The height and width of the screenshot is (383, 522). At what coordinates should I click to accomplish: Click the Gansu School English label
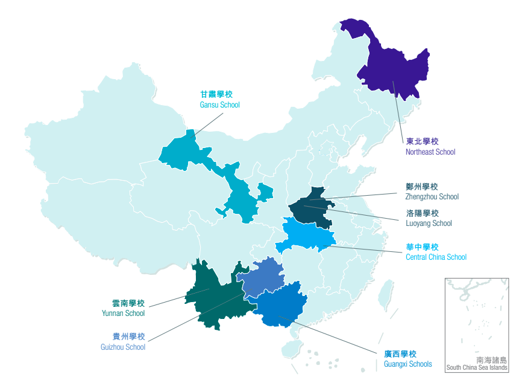tap(220, 105)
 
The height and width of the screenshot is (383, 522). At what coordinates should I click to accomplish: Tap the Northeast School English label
tap(430, 152)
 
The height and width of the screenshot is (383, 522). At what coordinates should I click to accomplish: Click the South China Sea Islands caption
tap(477, 367)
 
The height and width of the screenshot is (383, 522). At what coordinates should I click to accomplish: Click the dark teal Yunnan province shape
tap(216, 297)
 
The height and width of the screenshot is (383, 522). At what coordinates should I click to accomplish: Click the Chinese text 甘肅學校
tap(216, 94)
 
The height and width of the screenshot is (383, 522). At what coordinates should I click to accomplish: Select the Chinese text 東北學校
tap(422, 141)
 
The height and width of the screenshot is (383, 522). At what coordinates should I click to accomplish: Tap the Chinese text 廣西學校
tap(400, 354)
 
